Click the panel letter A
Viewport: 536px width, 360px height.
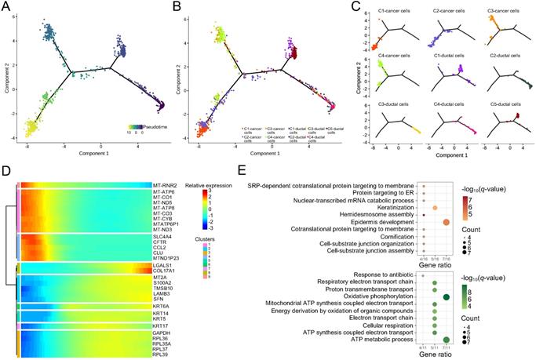click(x=6, y=7)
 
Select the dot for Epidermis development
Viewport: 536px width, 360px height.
click(x=447, y=222)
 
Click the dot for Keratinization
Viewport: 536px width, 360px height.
click(x=434, y=207)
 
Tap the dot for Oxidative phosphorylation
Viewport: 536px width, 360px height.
click(x=447, y=296)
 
